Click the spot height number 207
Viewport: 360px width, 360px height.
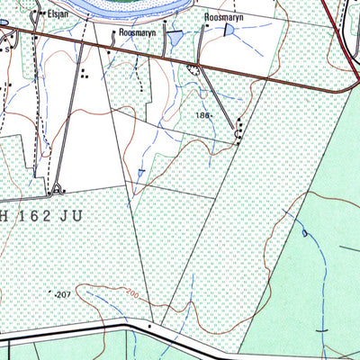62,294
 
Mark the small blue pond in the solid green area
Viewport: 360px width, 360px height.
305,233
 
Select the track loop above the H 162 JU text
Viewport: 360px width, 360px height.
57,189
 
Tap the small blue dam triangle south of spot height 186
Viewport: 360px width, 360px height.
141,172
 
